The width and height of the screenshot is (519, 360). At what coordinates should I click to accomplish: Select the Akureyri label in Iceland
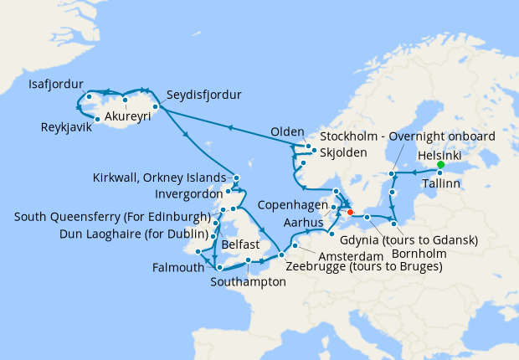(x=128, y=117)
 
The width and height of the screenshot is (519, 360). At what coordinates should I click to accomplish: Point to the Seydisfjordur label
(x=203, y=95)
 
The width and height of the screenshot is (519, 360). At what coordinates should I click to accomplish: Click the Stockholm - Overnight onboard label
(x=408, y=136)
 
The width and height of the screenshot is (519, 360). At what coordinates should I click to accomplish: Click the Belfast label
(x=241, y=247)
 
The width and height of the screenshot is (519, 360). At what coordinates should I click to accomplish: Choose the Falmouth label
(x=178, y=268)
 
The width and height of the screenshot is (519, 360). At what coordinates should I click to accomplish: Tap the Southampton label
(x=254, y=282)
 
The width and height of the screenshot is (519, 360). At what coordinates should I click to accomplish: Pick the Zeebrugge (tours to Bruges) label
(x=363, y=267)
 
